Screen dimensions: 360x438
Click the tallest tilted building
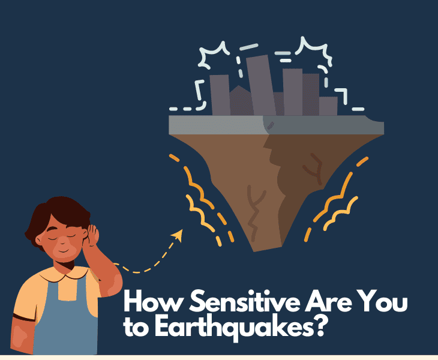[x=259, y=84]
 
